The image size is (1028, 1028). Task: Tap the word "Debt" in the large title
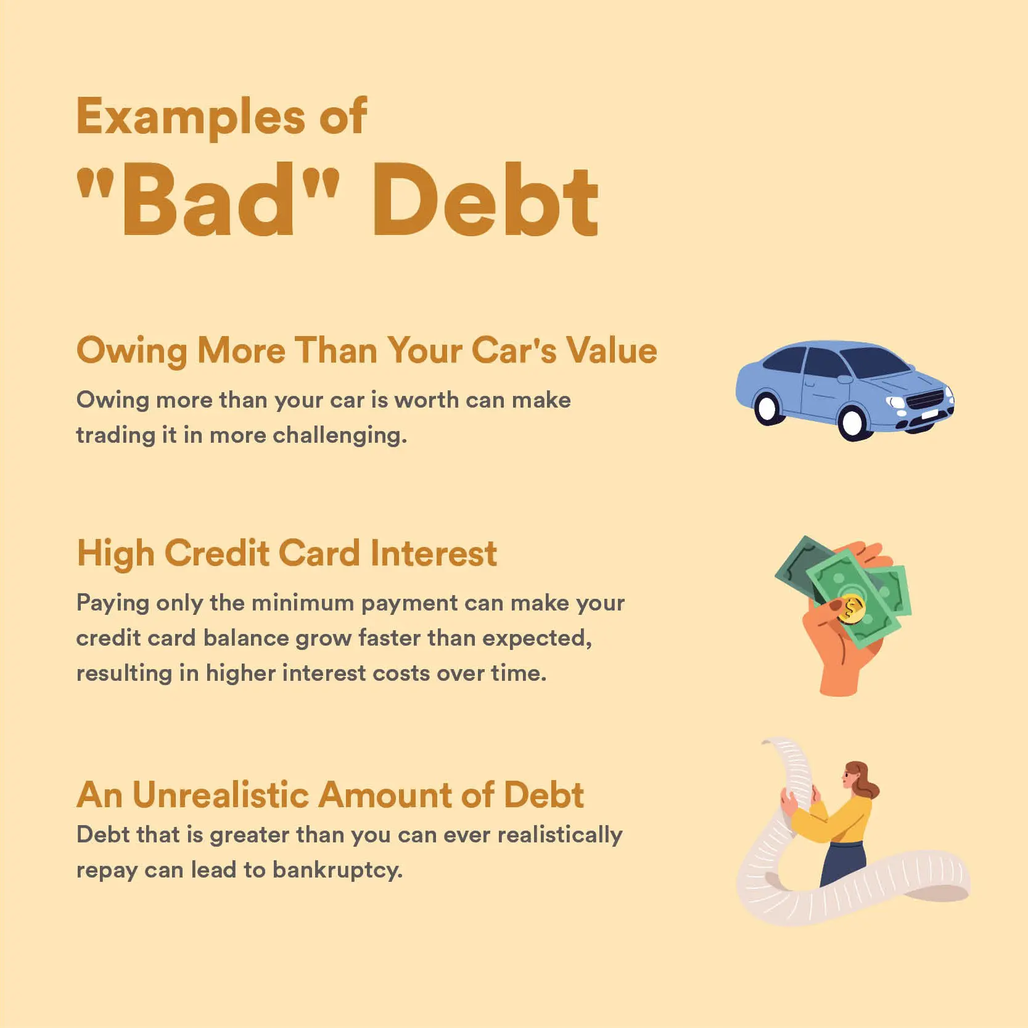pos(484,200)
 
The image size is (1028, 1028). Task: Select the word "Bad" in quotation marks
pos(208,200)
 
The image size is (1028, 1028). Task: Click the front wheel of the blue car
pos(853,422)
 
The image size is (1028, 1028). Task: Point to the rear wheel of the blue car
pos(767,408)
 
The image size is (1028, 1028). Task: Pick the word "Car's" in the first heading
pos(514,350)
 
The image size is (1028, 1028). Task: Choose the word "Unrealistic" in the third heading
pos(220,795)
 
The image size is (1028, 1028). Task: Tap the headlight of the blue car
pos(895,403)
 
